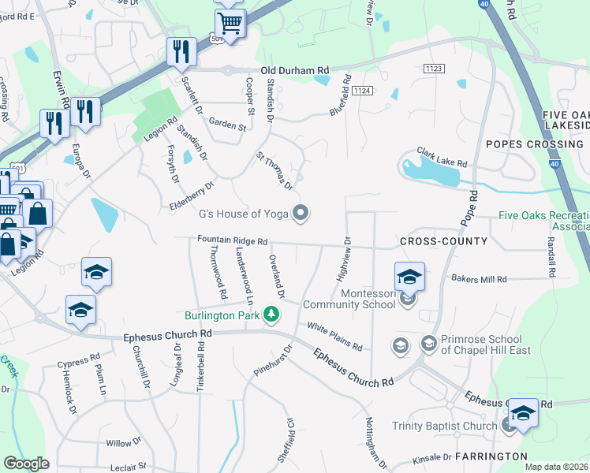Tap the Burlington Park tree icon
(x=271, y=315)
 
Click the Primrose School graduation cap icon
(x=428, y=343)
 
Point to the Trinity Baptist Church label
(x=445, y=426)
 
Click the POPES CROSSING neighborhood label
(x=534, y=144)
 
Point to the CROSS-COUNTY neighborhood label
(x=443, y=240)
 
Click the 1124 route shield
(x=361, y=91)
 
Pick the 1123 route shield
(x=433, y=69)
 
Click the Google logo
(x=26, y=464)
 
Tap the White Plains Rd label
(x=334, y=337)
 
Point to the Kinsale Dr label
(x=431, y=456)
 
